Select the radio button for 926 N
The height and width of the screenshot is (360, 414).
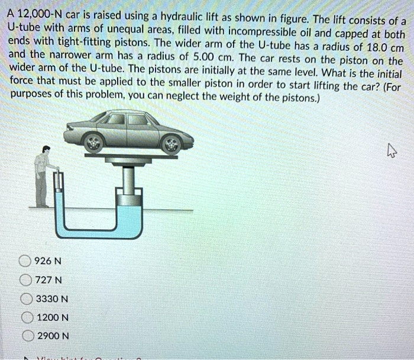25,261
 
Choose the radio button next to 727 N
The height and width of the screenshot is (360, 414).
25,280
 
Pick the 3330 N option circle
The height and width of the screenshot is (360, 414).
25,299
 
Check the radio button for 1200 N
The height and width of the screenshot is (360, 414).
25,317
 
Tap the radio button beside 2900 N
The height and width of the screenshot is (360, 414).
25,336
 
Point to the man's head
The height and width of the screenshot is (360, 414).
47,150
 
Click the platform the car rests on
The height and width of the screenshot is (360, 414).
131,156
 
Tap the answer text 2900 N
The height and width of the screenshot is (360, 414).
53,336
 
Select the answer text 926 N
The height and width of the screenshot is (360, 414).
48,261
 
